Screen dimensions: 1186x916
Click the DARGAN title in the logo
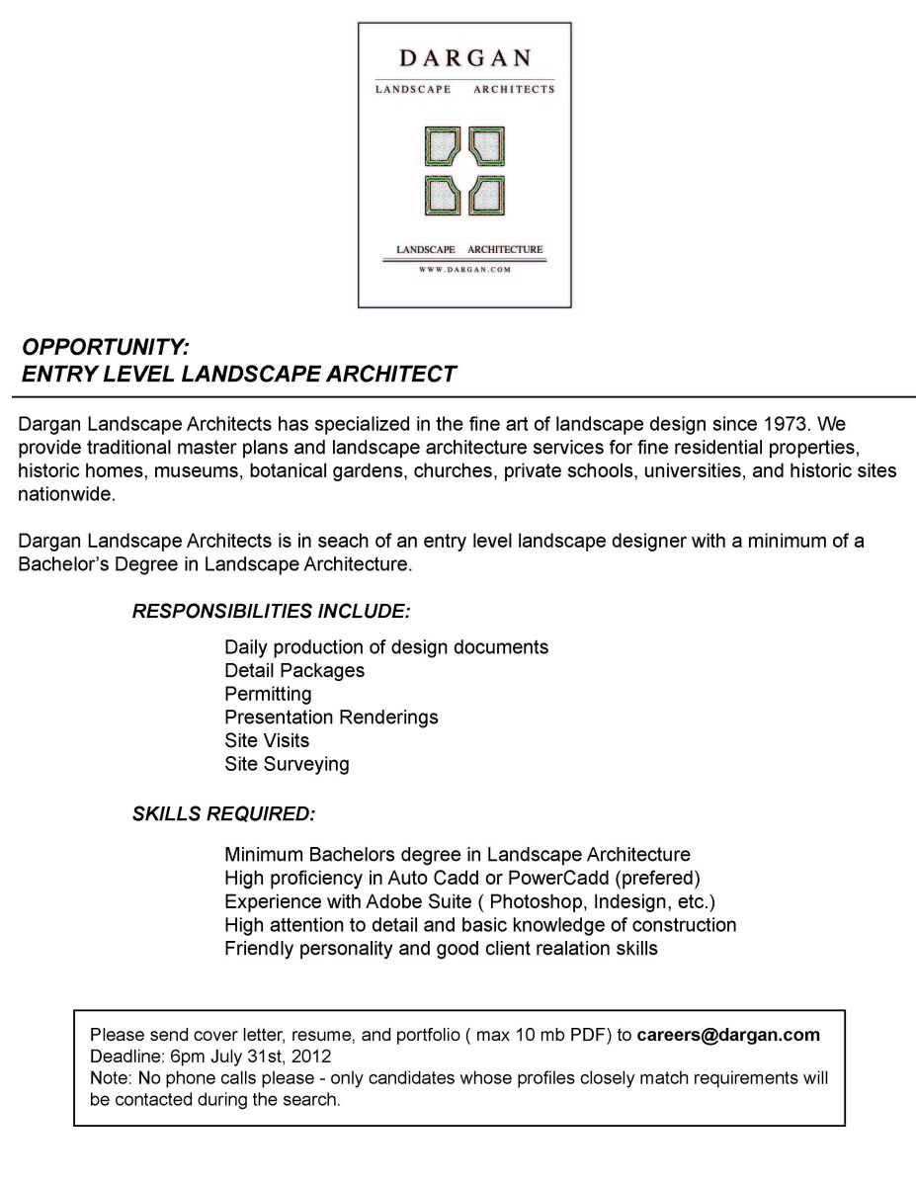(464, 58)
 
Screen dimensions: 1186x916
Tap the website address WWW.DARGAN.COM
(464, 269)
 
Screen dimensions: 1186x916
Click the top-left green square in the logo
(442, 146)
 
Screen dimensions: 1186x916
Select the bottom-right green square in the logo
(486, 195)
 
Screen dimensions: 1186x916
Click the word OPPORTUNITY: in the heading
(105, 348)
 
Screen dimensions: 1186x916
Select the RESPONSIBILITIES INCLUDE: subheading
(271, 612)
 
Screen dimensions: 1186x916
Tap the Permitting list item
(268, 694)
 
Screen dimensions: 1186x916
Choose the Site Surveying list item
(287, 764)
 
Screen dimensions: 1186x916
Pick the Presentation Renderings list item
(331, 717)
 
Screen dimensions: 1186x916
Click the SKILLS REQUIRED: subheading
(223, 815)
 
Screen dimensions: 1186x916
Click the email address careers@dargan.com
(728, 1036)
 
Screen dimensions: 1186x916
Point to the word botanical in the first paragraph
(284, 471)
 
